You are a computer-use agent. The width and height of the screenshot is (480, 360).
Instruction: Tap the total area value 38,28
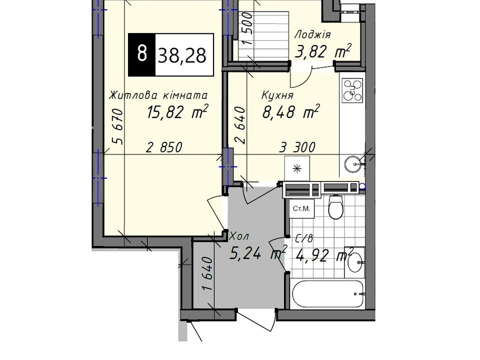click(x=182, y=55)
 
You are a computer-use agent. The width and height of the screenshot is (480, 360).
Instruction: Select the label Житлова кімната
click(x=158, y=95)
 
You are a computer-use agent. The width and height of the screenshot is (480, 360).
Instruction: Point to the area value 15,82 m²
click(x=177, y=111)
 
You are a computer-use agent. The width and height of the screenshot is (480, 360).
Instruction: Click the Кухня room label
click(x=277, y=95)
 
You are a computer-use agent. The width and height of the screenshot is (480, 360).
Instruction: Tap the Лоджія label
click(x=312, y=34)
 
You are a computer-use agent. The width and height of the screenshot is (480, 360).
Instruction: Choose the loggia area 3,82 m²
click(x=322, y=51)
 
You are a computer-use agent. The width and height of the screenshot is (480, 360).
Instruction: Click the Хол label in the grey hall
click(x=239, y=236)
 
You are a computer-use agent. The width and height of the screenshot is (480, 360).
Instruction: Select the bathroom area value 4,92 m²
click(x=324, y=255)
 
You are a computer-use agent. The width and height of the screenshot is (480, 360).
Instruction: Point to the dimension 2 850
click(x=164, y=147)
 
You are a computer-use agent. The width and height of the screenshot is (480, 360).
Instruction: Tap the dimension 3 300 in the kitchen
click(x=297, y=147)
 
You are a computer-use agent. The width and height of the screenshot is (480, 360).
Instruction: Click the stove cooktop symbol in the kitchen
click(x=352, y=90)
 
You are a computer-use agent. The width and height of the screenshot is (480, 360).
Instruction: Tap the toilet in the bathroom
click(x=336, y=207)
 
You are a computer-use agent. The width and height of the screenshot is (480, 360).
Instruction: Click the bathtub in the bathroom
click(x=327, y=294)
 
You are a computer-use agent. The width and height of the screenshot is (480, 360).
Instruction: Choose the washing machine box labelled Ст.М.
click(x=301, y=209)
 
